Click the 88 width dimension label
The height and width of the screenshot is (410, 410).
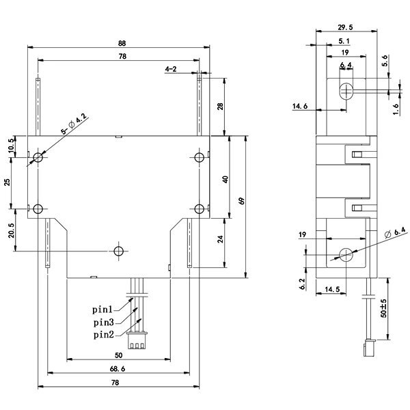(x=122, y=44)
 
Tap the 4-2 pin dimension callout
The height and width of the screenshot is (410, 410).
(x=171, y=69)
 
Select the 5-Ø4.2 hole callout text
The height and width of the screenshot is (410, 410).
(x=74, y=124)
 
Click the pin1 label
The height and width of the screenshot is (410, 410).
(x=102, y=310)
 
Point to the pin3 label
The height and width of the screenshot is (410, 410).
(x=104, y=323)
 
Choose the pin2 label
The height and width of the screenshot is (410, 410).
(x=104, y=335)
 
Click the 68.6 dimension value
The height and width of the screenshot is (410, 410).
(x=118, y=369)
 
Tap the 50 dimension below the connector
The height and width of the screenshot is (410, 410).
(x=119, y=355)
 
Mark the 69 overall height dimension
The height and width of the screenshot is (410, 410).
(x=242, y=201)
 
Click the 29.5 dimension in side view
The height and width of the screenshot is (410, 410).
(x=345, y=27)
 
